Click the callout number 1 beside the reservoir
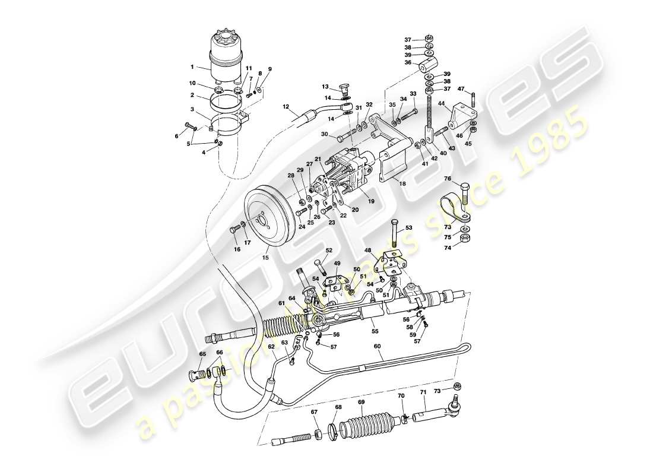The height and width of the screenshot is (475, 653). [x=192, y=68]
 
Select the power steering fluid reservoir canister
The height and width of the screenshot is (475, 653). [x=226, y=56]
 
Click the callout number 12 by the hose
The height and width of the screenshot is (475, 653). [x=285, y=107]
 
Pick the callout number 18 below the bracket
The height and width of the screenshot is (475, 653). [x=402, y=184]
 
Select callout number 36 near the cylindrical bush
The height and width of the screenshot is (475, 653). [x=408, y=62]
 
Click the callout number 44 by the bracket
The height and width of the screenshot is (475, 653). [x=441, y=103]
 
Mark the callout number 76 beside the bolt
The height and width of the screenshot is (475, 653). [x=448, y=179]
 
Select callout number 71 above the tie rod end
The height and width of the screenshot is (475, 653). [x=423, y=392]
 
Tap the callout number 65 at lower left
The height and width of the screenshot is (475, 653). [x=202, y=354]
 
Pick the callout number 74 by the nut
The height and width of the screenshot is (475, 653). [x=448, y=248]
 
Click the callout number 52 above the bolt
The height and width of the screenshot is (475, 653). [x=328, y=250]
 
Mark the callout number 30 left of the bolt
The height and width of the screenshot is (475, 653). [x=324, y=135]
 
